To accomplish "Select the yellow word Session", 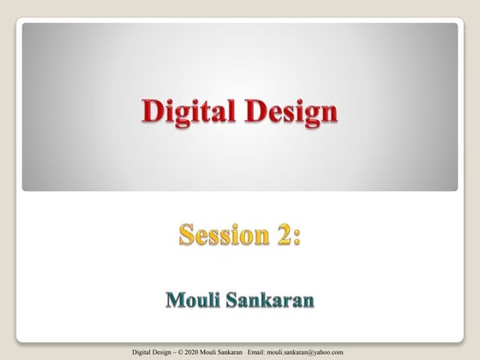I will click(218, 233).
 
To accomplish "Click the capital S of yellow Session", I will click(186, 233).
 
